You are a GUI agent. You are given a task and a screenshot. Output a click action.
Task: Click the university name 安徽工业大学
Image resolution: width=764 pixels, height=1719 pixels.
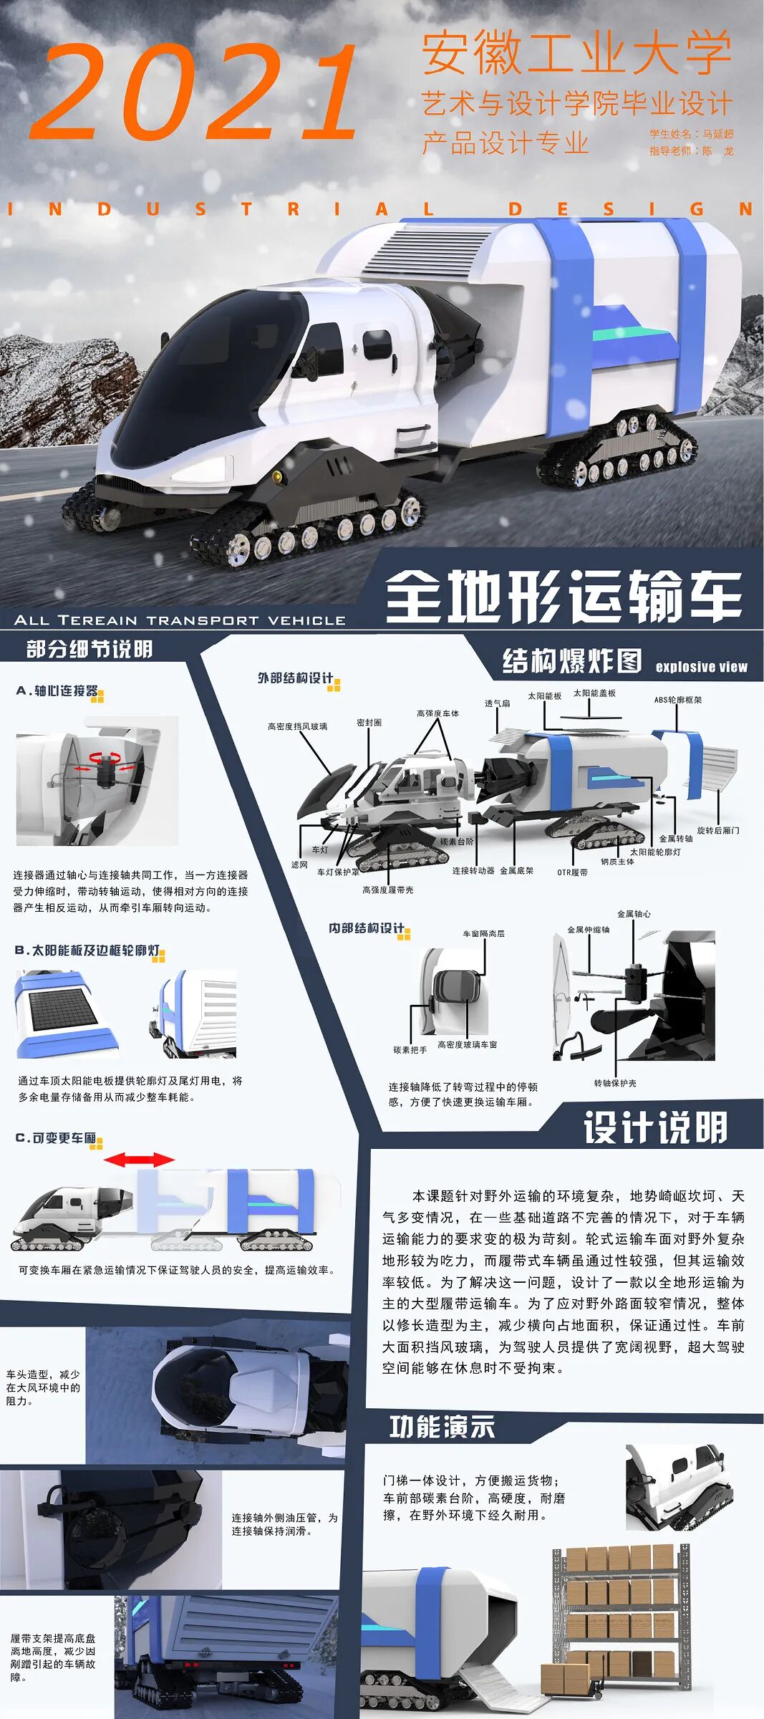tap(576, 53)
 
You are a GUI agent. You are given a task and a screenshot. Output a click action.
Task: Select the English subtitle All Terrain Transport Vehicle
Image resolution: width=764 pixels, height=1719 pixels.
tap(179, 620)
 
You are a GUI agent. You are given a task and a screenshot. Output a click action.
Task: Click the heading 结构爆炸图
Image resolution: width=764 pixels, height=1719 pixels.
tap(571, 660)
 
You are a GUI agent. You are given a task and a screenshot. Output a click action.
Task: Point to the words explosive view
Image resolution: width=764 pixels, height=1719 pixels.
tap(701, 667)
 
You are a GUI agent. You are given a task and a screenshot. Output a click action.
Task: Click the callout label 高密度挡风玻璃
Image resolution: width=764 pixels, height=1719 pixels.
tap(297, 726)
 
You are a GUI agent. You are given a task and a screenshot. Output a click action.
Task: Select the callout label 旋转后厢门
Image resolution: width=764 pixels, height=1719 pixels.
tap(717, 830)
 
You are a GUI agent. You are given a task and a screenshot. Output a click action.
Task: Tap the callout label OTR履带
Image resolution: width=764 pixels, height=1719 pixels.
tap(572, 872)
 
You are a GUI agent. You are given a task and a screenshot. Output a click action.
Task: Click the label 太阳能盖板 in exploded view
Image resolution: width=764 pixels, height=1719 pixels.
tap(594, 693)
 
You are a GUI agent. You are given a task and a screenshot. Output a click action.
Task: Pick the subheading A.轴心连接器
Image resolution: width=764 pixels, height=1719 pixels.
tap(57, 690)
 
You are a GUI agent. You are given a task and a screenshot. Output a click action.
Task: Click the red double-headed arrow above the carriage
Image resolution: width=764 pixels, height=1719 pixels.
tap(139, 1160)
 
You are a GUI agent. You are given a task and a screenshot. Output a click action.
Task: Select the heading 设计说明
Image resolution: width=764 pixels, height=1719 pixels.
tap(654, 1128)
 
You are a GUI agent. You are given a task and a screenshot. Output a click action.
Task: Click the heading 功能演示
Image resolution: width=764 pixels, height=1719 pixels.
tap(442, 1427)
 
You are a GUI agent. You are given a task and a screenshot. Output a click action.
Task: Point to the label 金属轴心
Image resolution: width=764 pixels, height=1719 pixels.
tap(634, 914)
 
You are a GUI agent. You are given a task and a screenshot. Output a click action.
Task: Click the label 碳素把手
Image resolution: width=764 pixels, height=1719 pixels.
tap(410, 1050)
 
